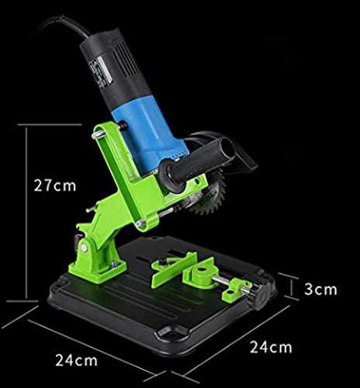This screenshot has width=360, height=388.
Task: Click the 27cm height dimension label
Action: tap(55, 185)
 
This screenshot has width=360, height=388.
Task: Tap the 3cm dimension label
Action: tap(320, 289)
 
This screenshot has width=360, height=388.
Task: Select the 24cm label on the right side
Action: tap(271, 347)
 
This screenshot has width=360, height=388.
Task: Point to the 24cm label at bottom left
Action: tap(77, 360)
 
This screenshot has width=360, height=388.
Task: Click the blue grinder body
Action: tap(150, 134)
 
